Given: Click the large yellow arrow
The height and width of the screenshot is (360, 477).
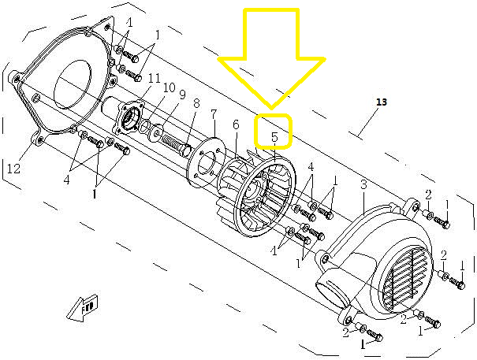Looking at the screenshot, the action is [271, 58].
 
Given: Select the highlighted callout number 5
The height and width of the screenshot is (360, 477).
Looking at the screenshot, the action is [274, 137].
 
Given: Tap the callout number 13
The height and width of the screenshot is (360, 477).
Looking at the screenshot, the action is [382, 102].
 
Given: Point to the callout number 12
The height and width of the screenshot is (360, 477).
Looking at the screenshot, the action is [13, 168].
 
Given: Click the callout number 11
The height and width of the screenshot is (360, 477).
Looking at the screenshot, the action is [155, 79].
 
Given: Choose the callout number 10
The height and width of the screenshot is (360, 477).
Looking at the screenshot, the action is [170, 88].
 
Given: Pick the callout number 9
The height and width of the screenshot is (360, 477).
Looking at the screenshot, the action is [182, 95].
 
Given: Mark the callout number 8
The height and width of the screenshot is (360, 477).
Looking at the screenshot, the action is [196, 103].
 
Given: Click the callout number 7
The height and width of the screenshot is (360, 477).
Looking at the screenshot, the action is [214, 115].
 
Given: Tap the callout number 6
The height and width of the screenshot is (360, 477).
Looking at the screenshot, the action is [236, 124].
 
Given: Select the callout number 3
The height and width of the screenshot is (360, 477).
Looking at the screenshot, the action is [363, 184].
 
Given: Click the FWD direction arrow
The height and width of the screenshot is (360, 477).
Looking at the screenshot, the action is [83, 308].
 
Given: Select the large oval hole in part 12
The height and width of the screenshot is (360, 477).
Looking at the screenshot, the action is [73, 84].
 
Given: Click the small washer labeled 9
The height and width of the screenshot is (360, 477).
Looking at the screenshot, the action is [156, 133].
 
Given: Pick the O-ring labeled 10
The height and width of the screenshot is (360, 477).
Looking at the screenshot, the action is [144, 126].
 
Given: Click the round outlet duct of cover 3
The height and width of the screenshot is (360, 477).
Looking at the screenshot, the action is [332, 292].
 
